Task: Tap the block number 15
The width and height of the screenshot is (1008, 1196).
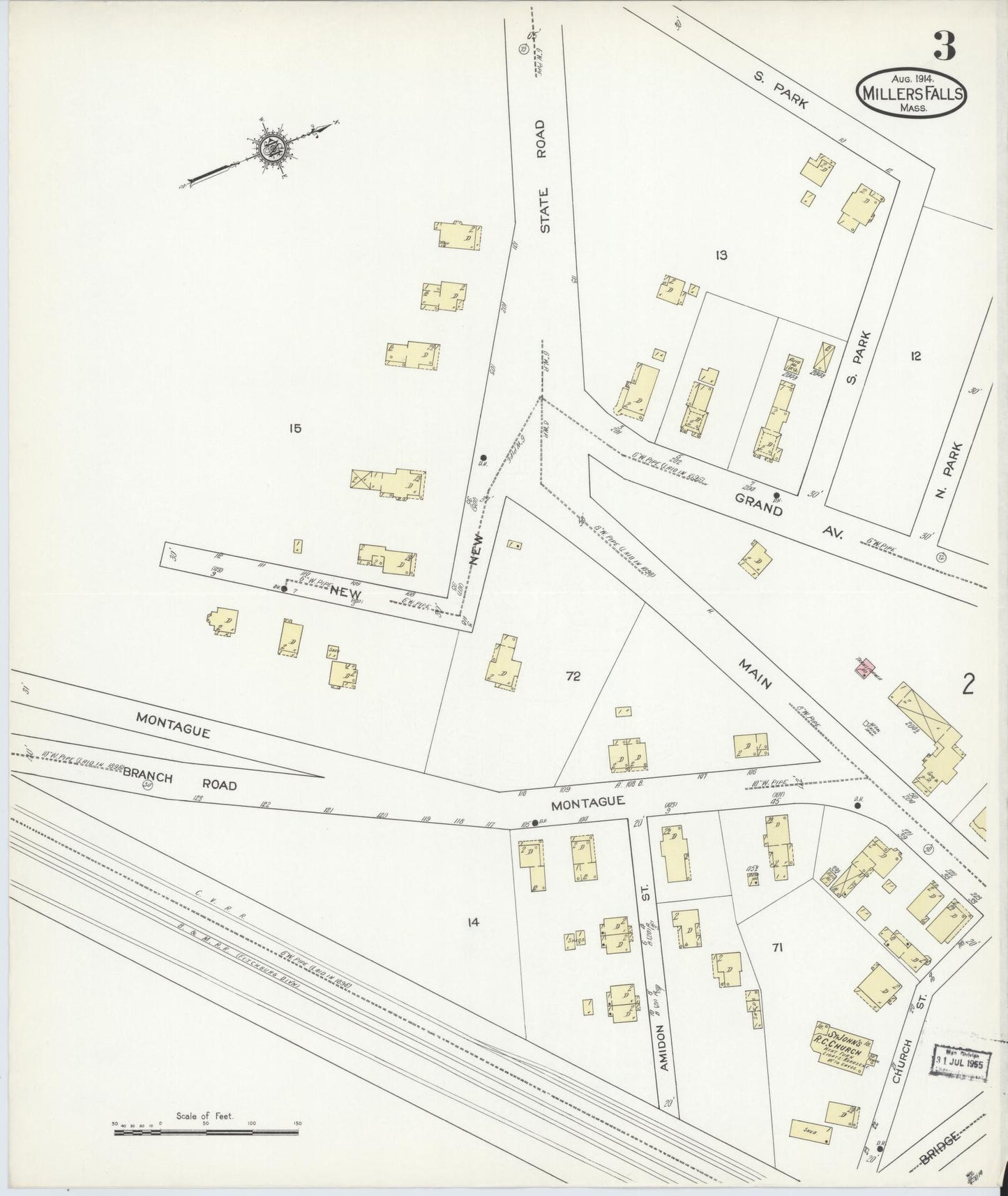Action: [295, 428]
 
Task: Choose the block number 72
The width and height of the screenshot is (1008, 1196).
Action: [573, 676]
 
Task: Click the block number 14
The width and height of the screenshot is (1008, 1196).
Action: [474, 922]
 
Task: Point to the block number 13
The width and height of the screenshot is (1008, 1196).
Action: [721, 255]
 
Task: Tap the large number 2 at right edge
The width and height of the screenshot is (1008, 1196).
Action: [968, 686]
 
